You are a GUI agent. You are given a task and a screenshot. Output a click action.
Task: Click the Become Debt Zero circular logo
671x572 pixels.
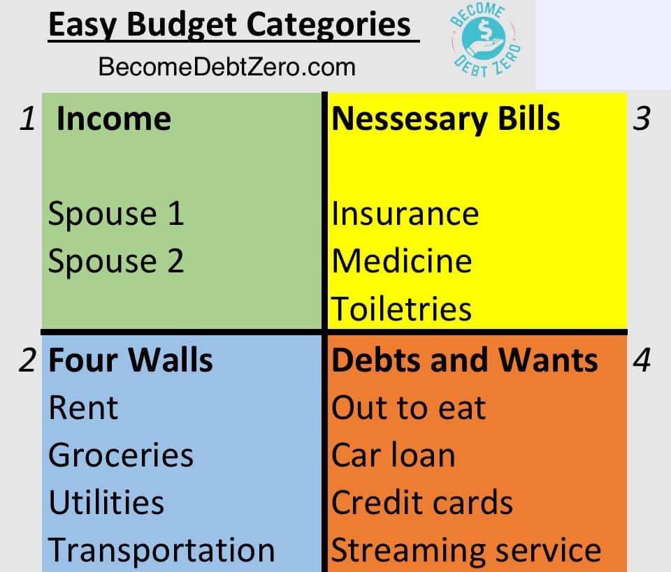486,41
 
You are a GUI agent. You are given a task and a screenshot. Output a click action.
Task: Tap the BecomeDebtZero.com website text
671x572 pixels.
226,66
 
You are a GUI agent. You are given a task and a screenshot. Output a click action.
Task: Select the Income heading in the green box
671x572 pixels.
114,119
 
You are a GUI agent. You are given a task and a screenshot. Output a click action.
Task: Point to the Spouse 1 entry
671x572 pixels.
116,213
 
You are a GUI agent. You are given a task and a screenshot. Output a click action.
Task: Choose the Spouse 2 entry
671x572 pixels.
116,261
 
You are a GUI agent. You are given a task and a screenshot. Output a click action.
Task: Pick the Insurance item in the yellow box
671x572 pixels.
405,213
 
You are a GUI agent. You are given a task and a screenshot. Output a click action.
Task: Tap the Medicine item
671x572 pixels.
402,261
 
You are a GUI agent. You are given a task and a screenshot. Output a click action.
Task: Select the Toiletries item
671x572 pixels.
401,308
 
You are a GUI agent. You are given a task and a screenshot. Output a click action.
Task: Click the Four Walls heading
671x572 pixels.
131,360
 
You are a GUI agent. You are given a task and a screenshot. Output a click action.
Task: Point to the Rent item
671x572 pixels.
83,407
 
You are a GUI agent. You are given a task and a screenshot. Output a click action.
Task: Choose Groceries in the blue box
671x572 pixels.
121,455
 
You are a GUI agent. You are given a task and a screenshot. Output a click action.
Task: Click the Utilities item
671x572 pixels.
106,502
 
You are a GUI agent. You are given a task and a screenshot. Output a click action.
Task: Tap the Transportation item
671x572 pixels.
161,550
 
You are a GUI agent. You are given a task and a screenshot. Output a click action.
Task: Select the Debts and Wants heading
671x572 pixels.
465,360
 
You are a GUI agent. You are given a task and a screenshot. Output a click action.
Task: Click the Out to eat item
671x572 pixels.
409,407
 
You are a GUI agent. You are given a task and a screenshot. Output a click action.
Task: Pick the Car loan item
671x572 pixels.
394,455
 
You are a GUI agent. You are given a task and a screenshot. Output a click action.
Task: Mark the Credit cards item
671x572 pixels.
422,502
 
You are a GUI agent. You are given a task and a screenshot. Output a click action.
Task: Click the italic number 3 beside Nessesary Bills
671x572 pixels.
642,119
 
